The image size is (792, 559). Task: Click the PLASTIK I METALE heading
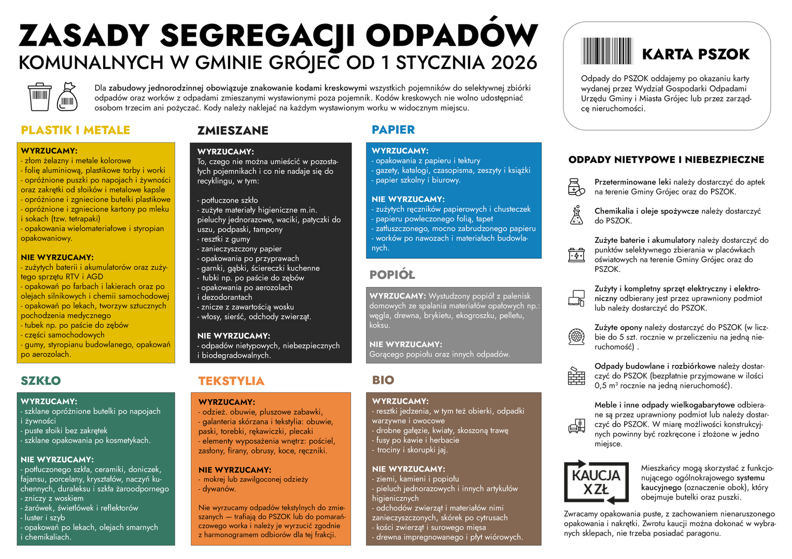76,130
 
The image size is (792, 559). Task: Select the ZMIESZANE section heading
233,130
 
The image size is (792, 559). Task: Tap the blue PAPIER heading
393,129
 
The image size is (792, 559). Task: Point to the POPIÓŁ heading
392,275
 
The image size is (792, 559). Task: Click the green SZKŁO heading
41,381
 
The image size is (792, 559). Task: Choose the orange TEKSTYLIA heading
231,381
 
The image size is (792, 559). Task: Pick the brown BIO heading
383,380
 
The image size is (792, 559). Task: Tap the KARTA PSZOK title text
696,54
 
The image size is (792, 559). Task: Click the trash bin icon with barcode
39,96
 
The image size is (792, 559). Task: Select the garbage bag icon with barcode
67,97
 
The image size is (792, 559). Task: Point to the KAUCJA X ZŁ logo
596,482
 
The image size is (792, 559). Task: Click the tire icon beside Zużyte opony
576,337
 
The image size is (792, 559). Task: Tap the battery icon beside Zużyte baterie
576,255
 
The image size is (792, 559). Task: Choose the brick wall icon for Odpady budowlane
576,376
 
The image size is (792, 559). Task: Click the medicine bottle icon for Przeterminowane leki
576,187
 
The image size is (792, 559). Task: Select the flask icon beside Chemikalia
576,215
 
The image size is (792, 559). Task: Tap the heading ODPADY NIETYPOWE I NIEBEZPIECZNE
666,160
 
